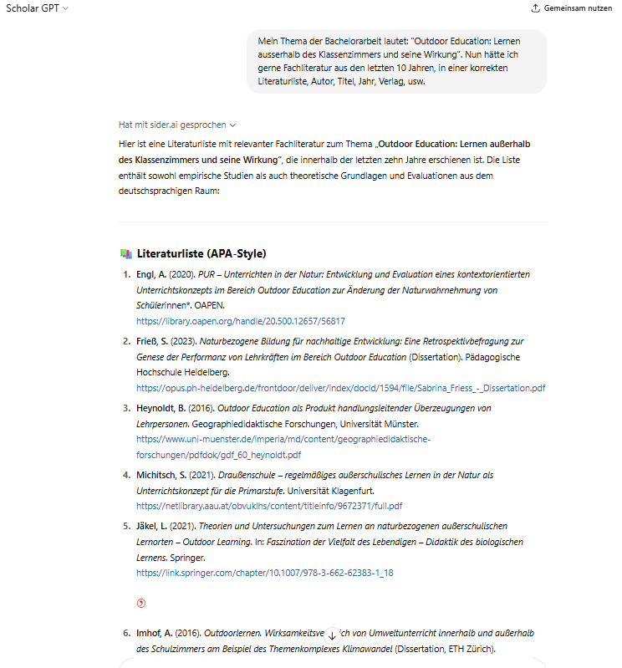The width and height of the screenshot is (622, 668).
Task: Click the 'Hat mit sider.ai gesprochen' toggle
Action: pyautogui.click(x=177, y=125)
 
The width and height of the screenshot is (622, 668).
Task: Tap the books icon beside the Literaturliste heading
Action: pyautogui.click(x=125, y=253)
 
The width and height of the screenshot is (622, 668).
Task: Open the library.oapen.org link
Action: pyautogui.click(x=241, y=321)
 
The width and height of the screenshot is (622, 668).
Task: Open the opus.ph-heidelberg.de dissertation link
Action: pyautogui.click(x=341, y=388)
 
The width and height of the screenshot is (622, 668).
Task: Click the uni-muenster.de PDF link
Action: pyautogui.click(x=283, y=446)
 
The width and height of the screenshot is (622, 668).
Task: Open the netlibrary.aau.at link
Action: pyautogui.click(x=269, y=506)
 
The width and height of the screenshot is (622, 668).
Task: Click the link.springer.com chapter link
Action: pyautogui.click(x=265, y=573)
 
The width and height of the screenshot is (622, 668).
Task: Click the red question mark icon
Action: pyautogui.click(x=141, y=603)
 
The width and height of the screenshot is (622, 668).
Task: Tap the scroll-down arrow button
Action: pyautogui.click(x=332, y=635)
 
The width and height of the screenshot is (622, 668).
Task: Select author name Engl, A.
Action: pyautogui.click(x=151, y=274)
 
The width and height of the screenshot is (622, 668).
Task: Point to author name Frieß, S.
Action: pyautogui.click(x=154, y=341)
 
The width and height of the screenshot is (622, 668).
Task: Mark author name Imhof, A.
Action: pyautogui.click(x=154, y=633)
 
